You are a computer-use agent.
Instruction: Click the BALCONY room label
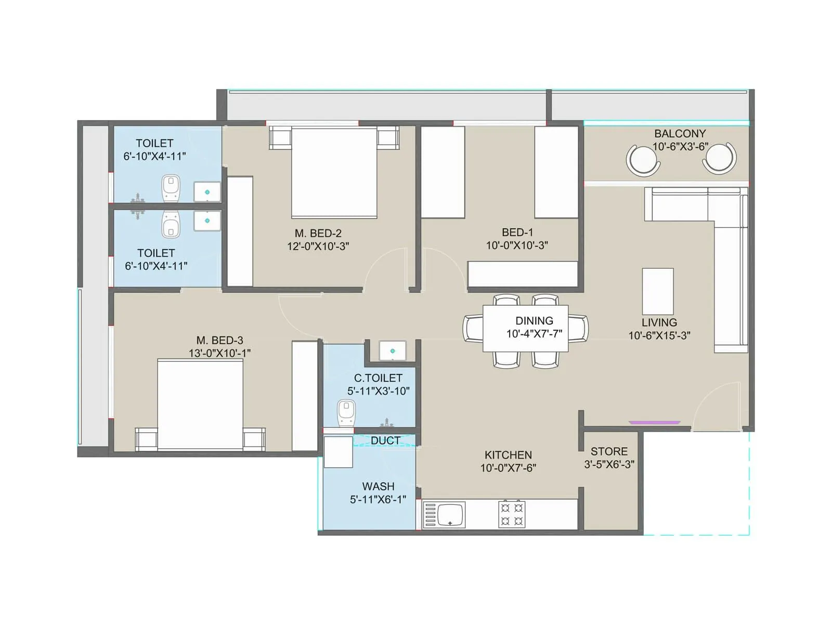[x=680, y=134]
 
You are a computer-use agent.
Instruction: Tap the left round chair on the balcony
[x=643, y=160]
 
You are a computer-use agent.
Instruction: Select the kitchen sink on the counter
[x=450, y=515]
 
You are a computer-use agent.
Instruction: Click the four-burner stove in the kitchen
[x=512, y=514]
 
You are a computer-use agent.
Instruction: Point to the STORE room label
[x=609, y=451]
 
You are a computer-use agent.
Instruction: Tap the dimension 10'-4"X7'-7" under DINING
[x=534, y=334]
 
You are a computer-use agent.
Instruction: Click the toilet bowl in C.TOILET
[x=346, y=412]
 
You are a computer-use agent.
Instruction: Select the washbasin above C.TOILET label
[x=392, y=351]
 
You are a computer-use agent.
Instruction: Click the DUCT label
[x=385, y=440]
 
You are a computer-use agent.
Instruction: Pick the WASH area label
[x=378, y=486]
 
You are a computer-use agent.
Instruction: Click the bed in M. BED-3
[x=200, y=404]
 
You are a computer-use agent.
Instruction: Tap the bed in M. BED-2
[x=334, y=173]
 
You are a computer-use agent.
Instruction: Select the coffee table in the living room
[x=658, y=291]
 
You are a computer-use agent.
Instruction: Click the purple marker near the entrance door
[x=654, y=422]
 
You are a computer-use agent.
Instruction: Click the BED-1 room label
[x=517, y=232]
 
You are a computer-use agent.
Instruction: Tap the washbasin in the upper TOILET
[x=207, y=192]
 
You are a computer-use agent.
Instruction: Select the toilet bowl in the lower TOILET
[x=171, y=225]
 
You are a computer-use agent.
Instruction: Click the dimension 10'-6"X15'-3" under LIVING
[x=659, y=335]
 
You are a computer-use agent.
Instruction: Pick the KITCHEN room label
[x=508, y=455]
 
